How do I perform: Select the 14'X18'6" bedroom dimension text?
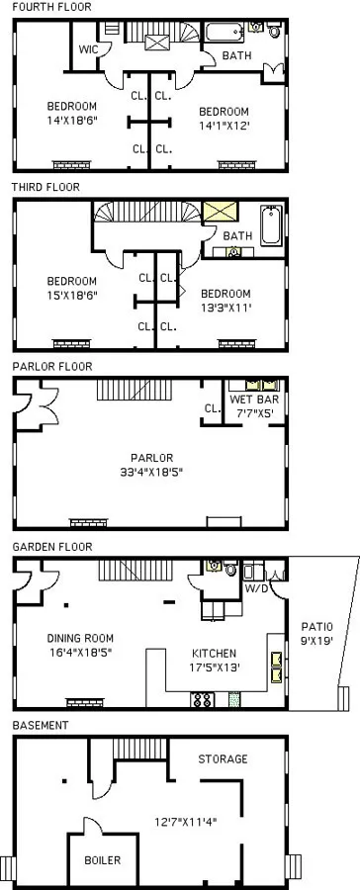(x=71, y=123)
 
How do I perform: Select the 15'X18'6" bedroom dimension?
(x=71, y=294)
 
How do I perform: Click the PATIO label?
(x=317, y=627)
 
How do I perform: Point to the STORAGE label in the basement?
(x=222, y=758)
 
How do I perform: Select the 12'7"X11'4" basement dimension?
(x=186, y=820)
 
